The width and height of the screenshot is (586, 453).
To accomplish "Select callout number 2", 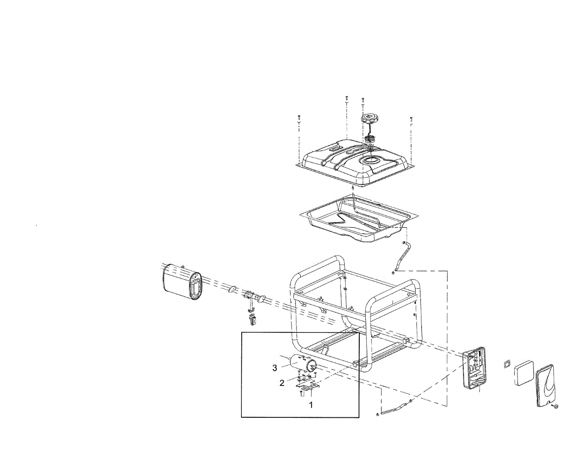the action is (282, 383).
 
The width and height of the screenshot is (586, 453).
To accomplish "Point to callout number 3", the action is (275, 367).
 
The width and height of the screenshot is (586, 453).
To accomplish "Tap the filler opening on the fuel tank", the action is (370, 160).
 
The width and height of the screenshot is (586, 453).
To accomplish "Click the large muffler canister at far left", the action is (181, 282).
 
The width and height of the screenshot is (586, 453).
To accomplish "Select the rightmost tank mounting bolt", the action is (412, 120).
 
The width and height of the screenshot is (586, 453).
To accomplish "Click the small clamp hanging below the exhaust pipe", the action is (253, 320).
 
